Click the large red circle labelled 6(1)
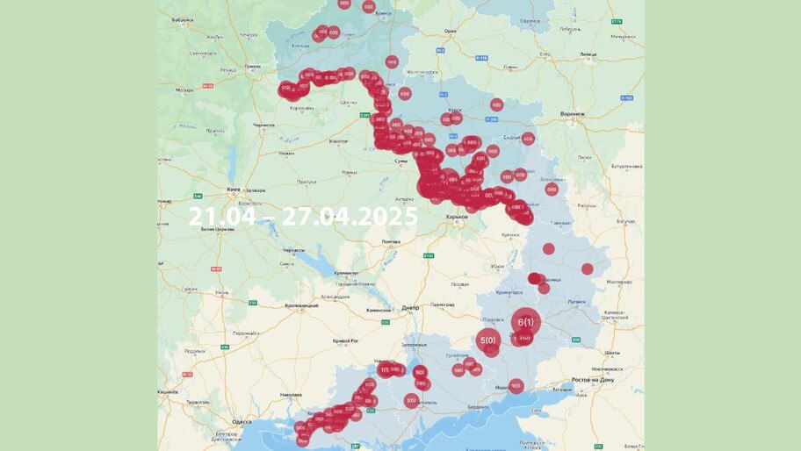[525, 322]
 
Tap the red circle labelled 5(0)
[487, 340]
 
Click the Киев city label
[234, 189]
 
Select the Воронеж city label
[572, 113]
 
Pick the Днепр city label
[409, 308]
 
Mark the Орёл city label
[450, 31]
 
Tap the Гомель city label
[253, 66]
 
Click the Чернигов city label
[263, 125]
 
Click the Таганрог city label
[562, 389]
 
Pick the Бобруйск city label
[183, 19]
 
